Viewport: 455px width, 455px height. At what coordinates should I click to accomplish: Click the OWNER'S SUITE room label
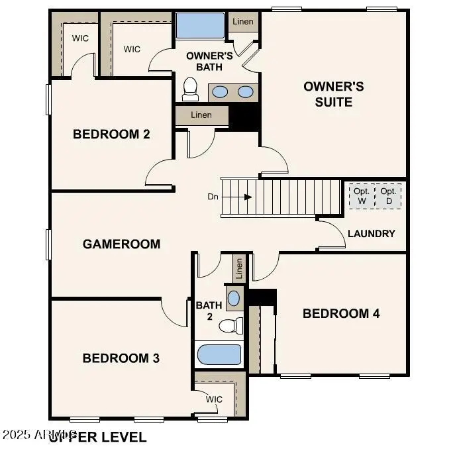pos(333,94)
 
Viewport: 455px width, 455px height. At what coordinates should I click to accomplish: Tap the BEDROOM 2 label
pos(111,134)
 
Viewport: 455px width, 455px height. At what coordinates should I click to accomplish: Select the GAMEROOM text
pos(121,244)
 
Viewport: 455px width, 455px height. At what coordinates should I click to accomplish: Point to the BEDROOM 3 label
pos(121,358)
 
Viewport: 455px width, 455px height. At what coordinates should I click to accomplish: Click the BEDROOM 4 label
pos(341,313)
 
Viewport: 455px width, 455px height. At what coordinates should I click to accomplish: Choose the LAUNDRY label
pos(371,233)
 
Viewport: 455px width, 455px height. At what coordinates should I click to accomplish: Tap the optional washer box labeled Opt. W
pos(362,196)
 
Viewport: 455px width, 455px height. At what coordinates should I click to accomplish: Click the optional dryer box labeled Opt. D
pos(388,196)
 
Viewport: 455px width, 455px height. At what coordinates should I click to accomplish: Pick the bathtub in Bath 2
pos(219,355)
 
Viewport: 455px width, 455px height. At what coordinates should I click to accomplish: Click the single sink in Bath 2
pos(234,297)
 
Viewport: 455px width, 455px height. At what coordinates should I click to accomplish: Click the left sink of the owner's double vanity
pos(221,92)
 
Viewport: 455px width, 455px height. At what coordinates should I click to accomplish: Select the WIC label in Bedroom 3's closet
pos(214,399)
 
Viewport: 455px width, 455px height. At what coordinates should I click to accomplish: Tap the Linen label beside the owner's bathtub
pos(242,22)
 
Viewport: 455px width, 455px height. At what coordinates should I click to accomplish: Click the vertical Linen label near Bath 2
pos(239,268)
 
